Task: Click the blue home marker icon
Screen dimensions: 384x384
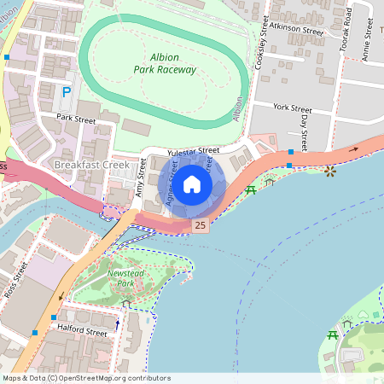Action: coord(192,183)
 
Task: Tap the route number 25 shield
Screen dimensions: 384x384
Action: coord(200,225)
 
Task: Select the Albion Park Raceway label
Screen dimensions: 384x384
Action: coord(166,63)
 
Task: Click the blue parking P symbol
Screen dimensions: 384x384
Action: coord(66,91)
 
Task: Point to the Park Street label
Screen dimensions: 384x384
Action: coord(76,119)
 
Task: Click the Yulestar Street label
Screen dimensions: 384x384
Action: coord(194,151)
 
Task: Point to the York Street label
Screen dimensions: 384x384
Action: coord(293,109)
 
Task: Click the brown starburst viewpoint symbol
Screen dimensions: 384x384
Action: coord(330,171)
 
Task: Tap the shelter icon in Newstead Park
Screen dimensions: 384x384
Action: coord(126,303)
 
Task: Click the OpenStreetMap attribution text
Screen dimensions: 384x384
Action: coord(85,377)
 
